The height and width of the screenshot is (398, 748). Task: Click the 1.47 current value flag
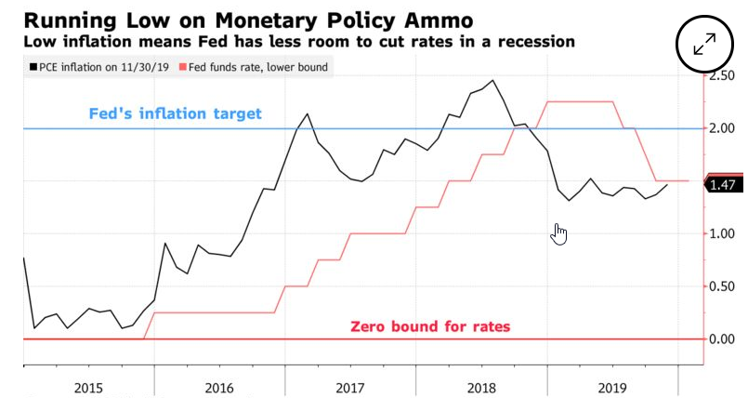722,185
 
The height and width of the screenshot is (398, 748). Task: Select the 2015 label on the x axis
88,387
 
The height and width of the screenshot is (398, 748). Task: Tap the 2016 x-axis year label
219,387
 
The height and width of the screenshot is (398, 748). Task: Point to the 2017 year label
350,387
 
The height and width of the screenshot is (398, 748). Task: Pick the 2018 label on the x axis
481,387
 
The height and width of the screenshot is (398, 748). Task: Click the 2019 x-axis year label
612,387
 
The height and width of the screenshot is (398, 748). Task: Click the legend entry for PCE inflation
98,67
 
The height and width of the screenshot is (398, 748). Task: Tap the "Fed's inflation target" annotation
176,113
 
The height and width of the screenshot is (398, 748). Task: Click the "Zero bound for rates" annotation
430,326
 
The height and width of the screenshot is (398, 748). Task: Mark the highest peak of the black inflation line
492,80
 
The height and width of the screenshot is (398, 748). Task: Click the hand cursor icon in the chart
559,234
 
